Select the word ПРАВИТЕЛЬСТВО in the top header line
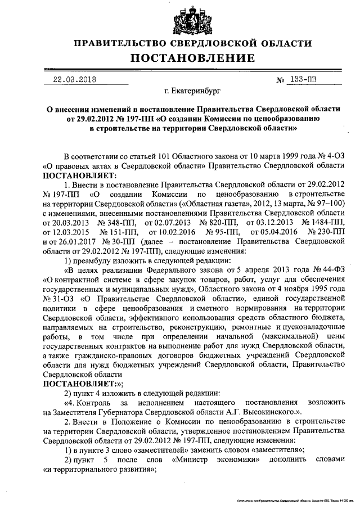118,43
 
